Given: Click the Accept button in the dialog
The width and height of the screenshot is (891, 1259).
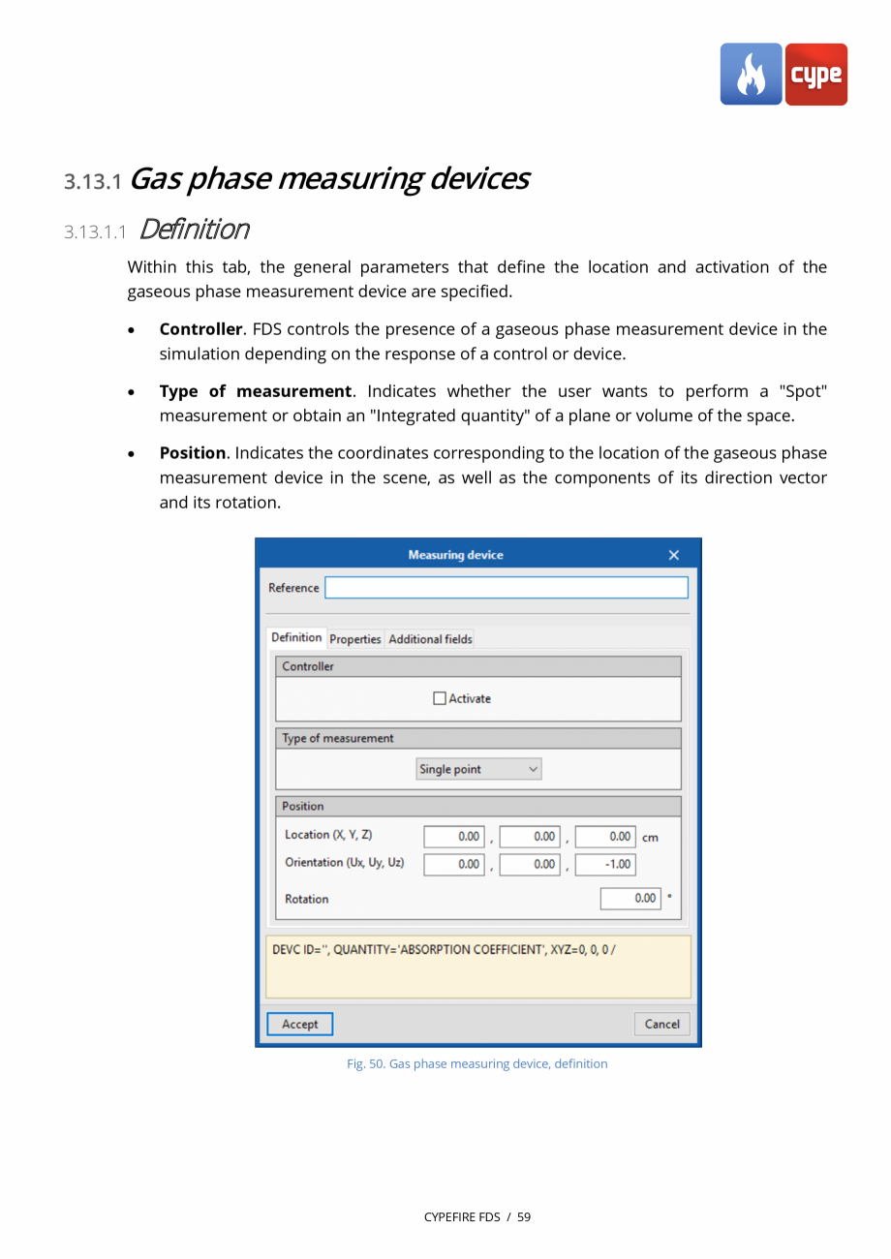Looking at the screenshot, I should coord(299,1024).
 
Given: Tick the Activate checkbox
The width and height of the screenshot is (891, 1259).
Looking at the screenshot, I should coord(440,698).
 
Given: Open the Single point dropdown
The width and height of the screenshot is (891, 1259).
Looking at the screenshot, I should coord(478,769).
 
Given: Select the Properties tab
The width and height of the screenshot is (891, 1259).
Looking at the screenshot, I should coord(355,639).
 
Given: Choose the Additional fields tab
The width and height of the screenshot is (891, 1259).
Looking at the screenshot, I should coord(430,639).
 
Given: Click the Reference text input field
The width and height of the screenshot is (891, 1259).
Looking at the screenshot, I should coord(506,588).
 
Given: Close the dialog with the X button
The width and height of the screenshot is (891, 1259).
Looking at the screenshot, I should coord(674,555).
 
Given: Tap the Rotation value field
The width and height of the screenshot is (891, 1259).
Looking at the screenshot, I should coord(630,898).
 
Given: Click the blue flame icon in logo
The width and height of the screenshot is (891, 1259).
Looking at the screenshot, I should coord(751,74).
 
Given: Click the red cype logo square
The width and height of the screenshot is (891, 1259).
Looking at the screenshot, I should coord(815,74).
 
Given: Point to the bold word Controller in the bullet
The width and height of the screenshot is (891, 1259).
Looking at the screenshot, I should coord(200,329).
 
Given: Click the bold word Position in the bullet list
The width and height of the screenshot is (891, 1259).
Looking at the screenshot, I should coord(192,453).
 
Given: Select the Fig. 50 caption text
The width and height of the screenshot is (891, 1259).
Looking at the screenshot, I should coord(477,1063).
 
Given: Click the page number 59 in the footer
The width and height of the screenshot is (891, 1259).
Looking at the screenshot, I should coord(524,1216).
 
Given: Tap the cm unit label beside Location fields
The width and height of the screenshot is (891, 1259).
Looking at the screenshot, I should coord(650,838).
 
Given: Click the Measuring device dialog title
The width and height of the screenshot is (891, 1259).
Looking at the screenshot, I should coord(455,555).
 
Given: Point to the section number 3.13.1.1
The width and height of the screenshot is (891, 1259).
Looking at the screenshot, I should coord(95,231).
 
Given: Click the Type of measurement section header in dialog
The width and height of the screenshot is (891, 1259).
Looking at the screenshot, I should coord(338,738).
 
